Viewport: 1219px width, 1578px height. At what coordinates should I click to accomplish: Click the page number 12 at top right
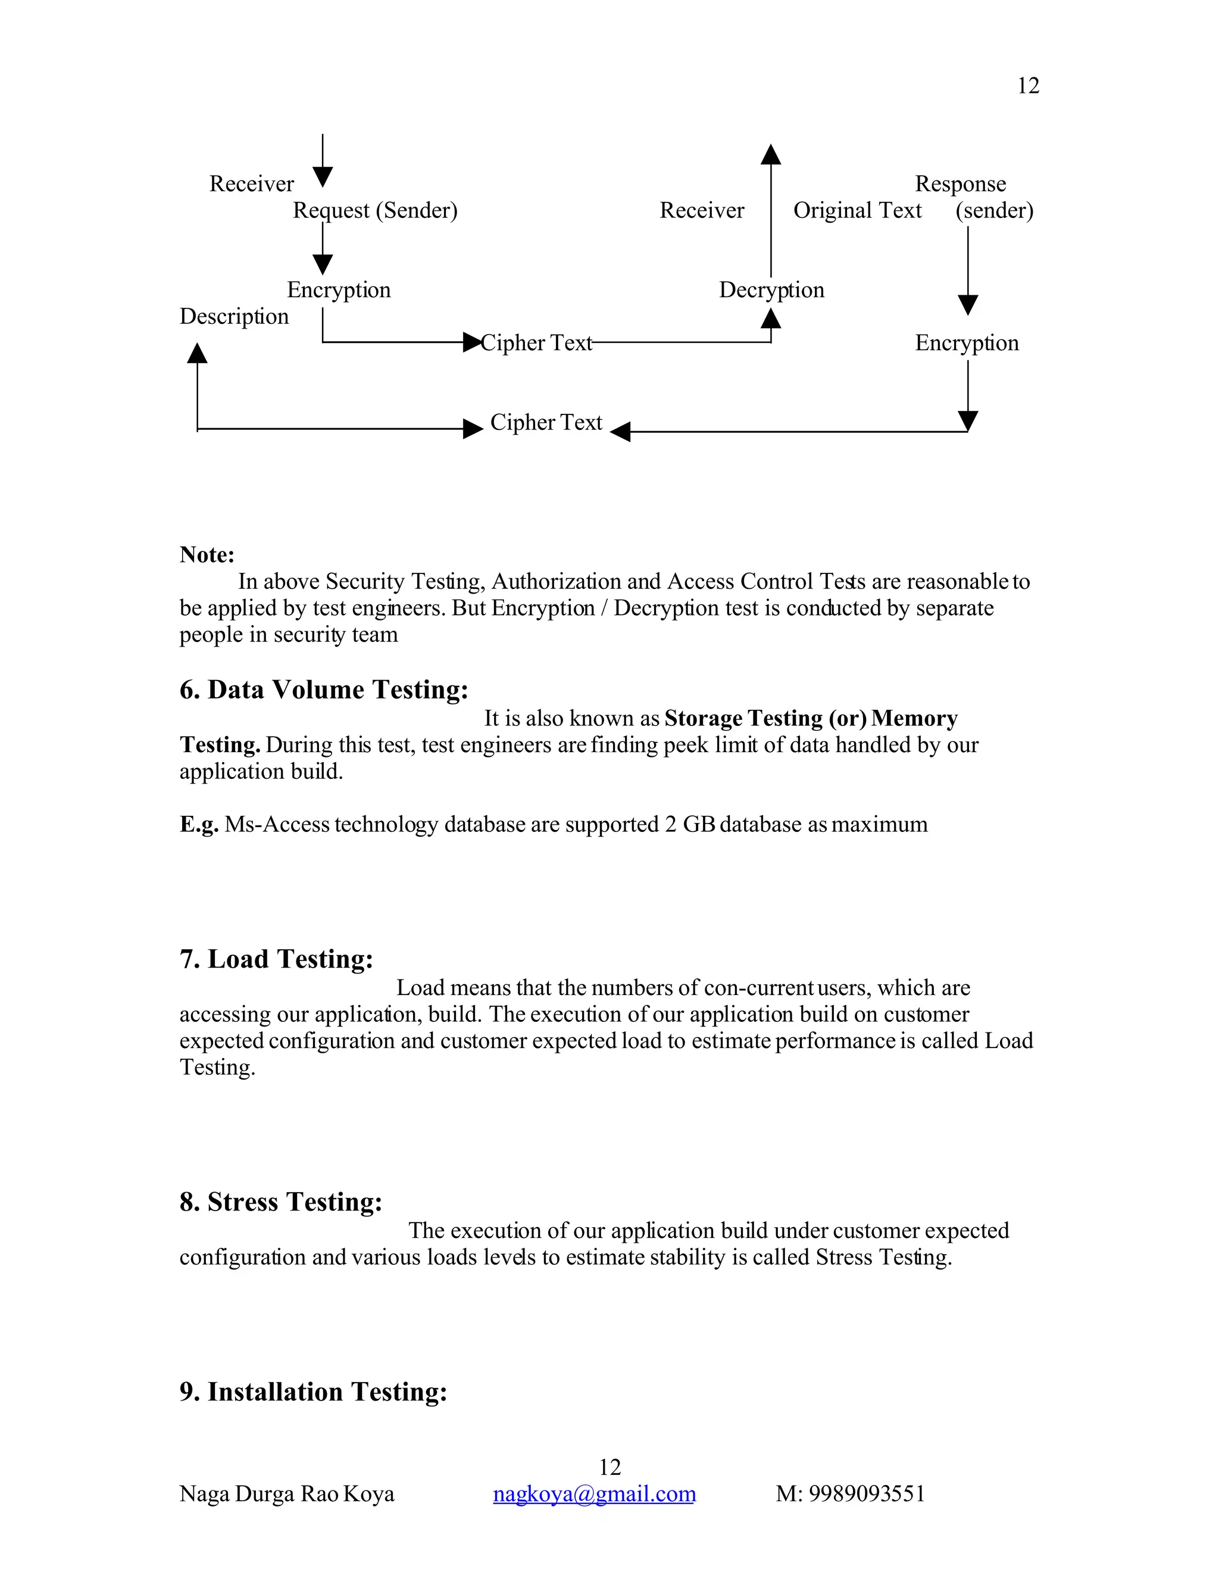[x=1027, y=86]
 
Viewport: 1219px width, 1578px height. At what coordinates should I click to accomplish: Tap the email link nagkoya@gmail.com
[x=593, y=1493]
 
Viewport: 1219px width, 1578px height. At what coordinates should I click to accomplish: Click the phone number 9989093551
[x=866, y=1493]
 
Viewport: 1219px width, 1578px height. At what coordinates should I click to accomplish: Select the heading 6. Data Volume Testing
[x=324, y=690]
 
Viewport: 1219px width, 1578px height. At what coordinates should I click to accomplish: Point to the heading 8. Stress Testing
[x=280, y=1202]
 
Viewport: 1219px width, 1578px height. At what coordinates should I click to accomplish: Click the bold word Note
[x=207, y=555]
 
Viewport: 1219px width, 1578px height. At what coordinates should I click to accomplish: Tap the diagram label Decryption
[x=771, y=290]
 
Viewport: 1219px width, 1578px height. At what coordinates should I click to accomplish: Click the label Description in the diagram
[x=233, y=316]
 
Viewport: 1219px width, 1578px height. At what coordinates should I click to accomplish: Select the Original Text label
[x=857, y=210]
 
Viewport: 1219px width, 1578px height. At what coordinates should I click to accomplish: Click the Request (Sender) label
[x=375, y=210]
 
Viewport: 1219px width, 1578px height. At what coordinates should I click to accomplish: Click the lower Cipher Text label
[x=545, y=422]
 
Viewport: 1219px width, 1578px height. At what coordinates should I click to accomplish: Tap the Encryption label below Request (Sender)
[x=338, y=290]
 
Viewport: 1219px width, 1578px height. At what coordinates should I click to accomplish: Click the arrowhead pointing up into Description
[x=197, y=353]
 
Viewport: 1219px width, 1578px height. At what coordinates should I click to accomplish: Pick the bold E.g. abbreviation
[x=199, y=824]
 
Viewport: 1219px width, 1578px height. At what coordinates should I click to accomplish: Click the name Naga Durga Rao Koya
[x=287, y=1493]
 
